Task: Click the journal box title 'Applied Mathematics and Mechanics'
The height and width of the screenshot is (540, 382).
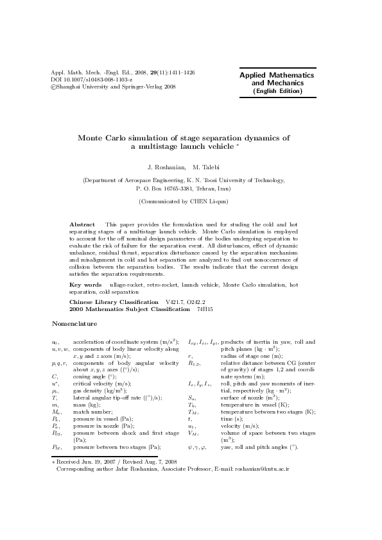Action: coord(277,80)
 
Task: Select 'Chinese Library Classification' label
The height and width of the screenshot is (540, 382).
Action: coord(114,301)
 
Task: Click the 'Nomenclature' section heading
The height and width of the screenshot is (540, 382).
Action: coord(73,323)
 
